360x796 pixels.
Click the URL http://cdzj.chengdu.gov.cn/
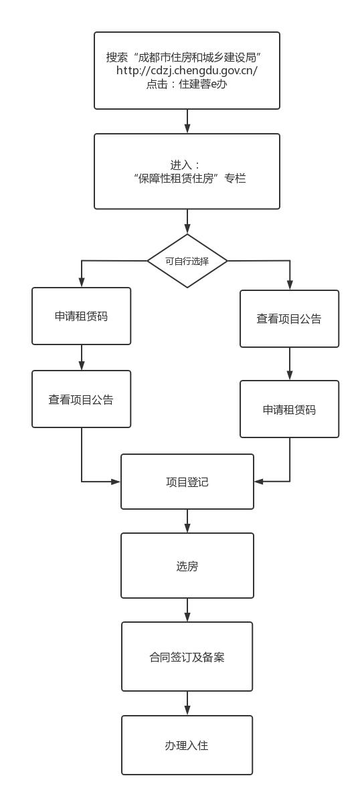point(187,70)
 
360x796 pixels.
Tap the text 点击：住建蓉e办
point(187,85)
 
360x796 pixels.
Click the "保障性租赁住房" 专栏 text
point(187,179)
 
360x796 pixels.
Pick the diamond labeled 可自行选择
point(187,261)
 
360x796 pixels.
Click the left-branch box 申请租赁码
point(81,316)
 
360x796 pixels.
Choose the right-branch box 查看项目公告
point(290,319)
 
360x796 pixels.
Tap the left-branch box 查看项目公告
point(81,399)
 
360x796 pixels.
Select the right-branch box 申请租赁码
point(290,409)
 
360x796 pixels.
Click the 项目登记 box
point(187,482)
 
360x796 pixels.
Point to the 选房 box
point(187,565)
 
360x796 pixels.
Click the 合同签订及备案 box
point(187,657)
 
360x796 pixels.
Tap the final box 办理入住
point(187,745)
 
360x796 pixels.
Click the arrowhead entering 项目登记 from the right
point(259,481)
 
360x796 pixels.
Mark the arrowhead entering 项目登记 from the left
point(116,481)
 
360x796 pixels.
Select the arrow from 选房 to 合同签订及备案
point(187,610)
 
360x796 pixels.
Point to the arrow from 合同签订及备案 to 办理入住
point(187,703)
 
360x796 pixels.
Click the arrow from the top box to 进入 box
point(187,121)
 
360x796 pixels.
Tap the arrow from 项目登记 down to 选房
point(187,521)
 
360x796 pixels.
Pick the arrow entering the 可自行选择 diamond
point(187,221)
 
